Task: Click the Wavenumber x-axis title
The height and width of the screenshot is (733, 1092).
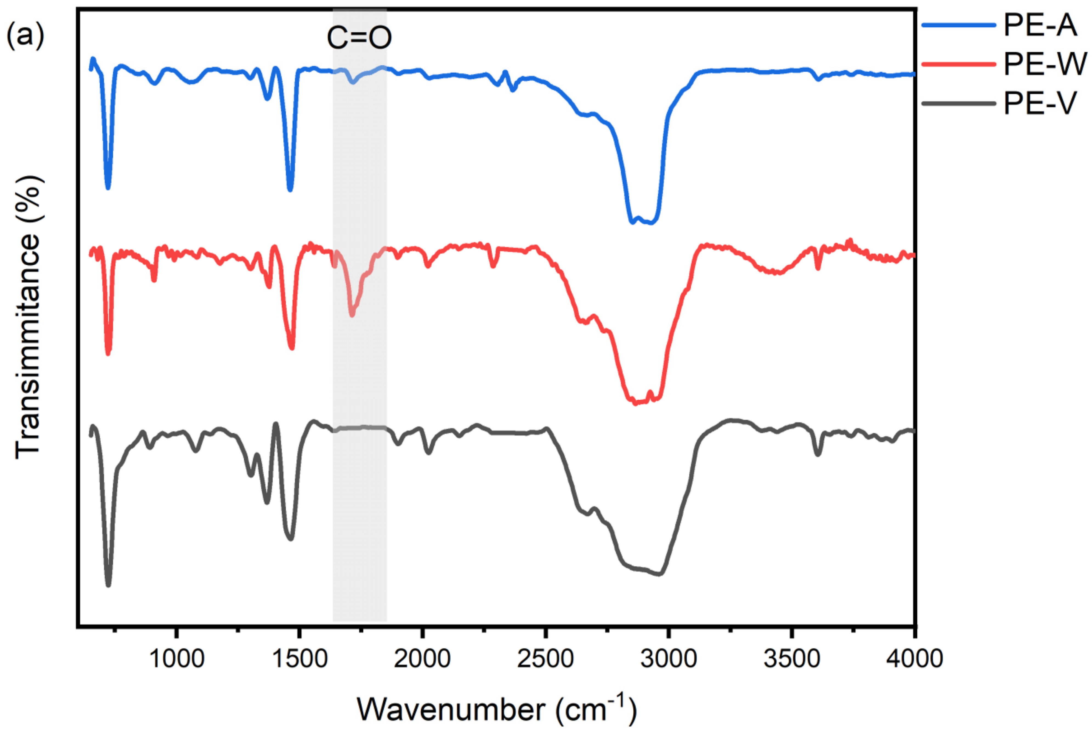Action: [497, 709]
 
